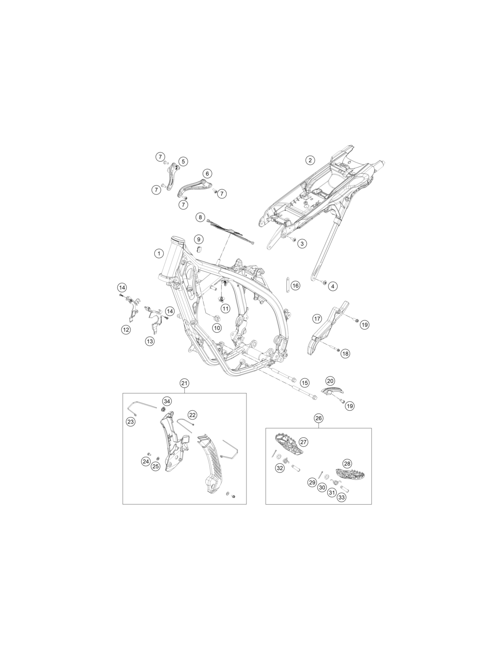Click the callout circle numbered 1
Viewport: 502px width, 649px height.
coord(159,254)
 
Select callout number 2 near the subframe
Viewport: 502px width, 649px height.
coord(310,160)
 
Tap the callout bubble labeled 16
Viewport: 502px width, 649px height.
coord(295,286)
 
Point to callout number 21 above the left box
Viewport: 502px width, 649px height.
coord(184,383)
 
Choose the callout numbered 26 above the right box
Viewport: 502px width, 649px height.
coord(319,418)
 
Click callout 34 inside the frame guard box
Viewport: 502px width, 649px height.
coord(167,401)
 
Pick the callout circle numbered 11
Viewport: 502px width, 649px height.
coord(225,308)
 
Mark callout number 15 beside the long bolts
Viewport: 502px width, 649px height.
coord(304,382)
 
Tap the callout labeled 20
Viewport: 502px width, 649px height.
coord(330,381)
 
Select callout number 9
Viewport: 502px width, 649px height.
coord(199,239)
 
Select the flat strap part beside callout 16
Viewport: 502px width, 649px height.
coord(288,285)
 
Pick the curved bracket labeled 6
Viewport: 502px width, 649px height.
coord(193,188)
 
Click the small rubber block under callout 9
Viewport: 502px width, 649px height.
coord(199,249)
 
